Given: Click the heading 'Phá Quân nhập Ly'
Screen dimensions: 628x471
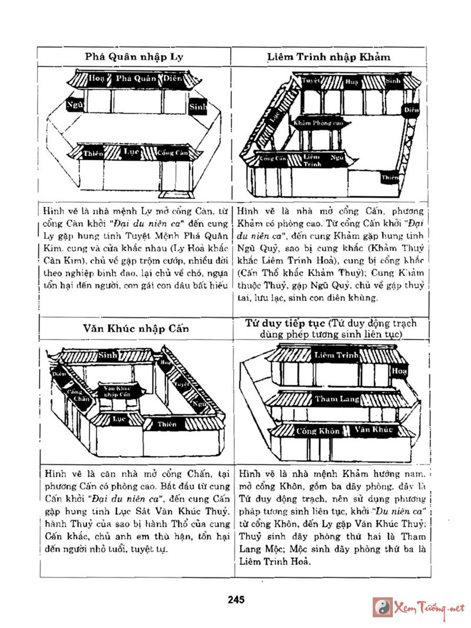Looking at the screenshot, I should click(x=134, y=57).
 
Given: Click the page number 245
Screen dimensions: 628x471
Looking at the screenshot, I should click(x=235, y=599).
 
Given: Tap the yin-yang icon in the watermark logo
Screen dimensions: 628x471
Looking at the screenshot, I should click(x=383, y=606).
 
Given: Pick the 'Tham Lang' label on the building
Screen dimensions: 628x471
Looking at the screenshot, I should click(x=336, y=399).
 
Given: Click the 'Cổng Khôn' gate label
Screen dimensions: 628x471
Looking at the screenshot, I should click(x=318, y=431).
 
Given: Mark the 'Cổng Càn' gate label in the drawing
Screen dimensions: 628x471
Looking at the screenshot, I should click(x=173, y=153).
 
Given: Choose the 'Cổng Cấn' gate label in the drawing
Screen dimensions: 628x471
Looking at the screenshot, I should click(x=273, y=158).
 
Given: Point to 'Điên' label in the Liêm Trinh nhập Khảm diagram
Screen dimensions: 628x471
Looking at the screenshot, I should click(x=412, y=109).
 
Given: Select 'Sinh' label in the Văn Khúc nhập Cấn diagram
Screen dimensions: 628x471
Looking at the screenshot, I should click(x=107, y=355).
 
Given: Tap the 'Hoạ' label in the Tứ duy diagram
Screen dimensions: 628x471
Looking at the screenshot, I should click(x=399, y=371).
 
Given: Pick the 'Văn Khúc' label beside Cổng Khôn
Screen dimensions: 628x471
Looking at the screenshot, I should click(x=373, y=430).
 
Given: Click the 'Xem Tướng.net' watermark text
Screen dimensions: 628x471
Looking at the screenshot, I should click(x=429, y=607).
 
